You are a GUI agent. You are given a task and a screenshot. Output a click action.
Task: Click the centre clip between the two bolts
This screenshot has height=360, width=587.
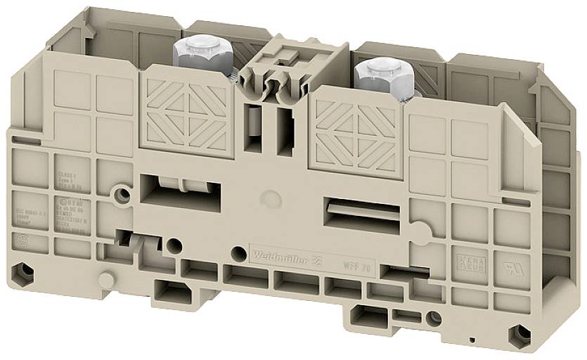[x=275, y=70]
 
